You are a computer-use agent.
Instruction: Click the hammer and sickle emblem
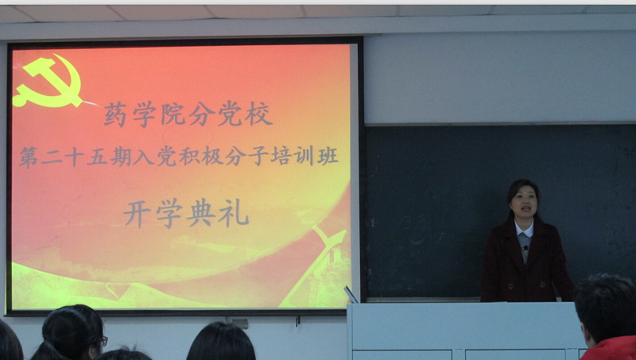coord(47,81)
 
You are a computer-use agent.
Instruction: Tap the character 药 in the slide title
coord(115,114)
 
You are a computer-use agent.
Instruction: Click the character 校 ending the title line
coord(258,113)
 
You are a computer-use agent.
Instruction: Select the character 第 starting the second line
coord(29,157)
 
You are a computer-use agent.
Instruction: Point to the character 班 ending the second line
coord(328,156)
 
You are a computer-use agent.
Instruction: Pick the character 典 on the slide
coord(201,213)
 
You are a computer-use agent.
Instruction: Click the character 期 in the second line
coord(121,157)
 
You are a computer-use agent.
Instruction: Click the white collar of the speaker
coord(525,229)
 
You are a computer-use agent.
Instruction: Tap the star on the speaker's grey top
coord(525,247)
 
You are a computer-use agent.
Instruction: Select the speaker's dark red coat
coord(526,263)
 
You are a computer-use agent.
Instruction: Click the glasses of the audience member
coord(103,342)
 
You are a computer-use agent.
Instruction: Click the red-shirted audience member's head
coord(604,308)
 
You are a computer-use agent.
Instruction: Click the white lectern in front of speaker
coord(467,331)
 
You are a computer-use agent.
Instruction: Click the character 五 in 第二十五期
coord(96,157)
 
